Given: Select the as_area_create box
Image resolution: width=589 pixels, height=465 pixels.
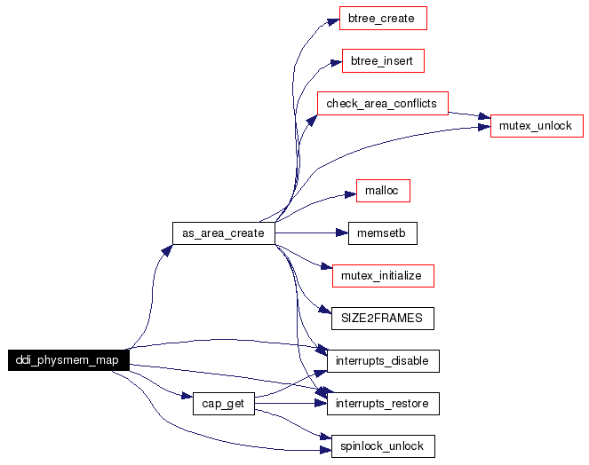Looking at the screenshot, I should click(223, 232).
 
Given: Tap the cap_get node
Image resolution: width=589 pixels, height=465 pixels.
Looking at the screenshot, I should click(223, 404).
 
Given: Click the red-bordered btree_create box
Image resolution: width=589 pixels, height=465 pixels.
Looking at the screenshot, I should click(383, 18).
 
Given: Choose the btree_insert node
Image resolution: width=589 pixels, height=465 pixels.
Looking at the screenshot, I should click(383, 61).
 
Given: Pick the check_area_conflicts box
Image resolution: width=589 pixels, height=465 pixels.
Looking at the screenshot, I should click(382, 103).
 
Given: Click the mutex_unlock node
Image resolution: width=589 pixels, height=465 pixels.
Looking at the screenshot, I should click(537, 126).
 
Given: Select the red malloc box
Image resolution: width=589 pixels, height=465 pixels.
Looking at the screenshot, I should click(383, 190).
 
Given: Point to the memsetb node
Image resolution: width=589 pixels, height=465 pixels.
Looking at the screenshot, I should click(383, 232).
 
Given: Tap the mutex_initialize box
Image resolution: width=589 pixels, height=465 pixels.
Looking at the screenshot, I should click(383, 275).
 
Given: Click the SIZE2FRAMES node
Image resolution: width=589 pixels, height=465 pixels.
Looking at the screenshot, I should click(383, 318).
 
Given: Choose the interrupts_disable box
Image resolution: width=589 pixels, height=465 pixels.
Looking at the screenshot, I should click(383, 361).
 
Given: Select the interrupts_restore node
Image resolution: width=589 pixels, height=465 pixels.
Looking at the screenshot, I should click(383, 404).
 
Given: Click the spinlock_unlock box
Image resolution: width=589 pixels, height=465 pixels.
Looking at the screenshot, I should click(383, 445).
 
